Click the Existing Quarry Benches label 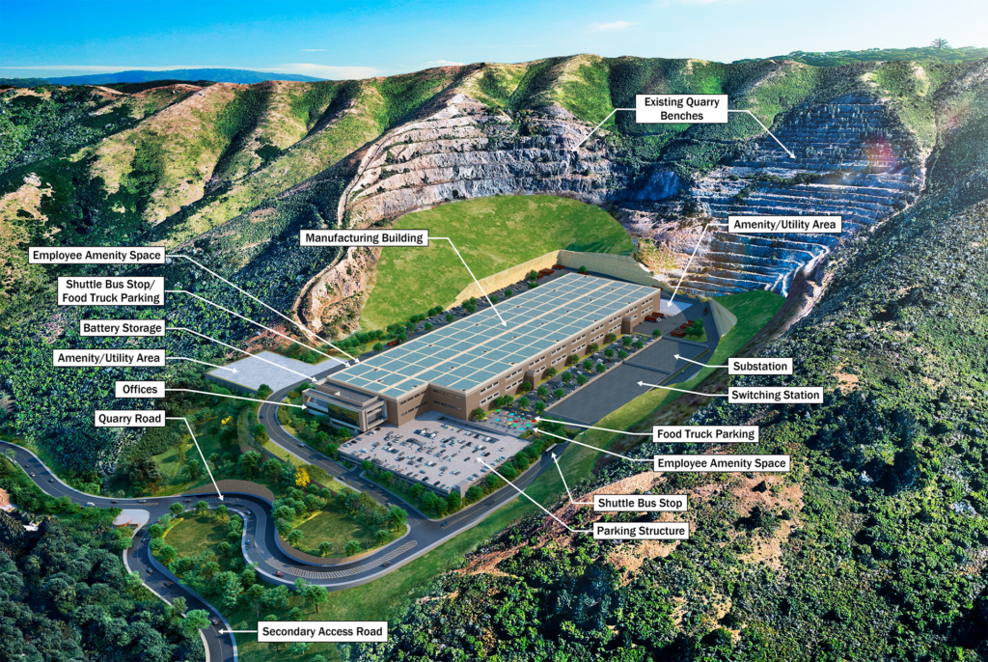tap(681, 109)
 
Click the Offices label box tap(138, 389)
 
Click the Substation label tap(761, 367)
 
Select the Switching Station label tap(775, 395)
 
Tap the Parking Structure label tap(642, 531)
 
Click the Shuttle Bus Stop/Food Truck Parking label tap(112, 291)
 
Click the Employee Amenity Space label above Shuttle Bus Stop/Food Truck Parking tap(96, 256)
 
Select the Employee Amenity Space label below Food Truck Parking tap(721, 463)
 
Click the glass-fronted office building tap(338, 405)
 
